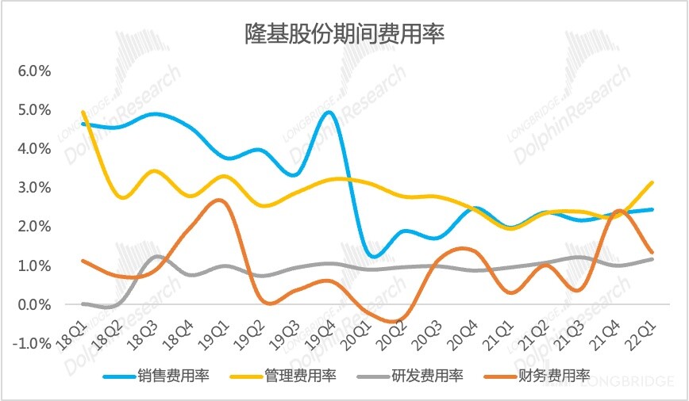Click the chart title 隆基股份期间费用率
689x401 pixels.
344,34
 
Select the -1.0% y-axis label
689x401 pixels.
32,343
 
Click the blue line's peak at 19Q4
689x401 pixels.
329,112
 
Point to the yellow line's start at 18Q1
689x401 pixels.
83,112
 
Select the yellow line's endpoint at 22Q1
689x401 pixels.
652,182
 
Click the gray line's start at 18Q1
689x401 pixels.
83,304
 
